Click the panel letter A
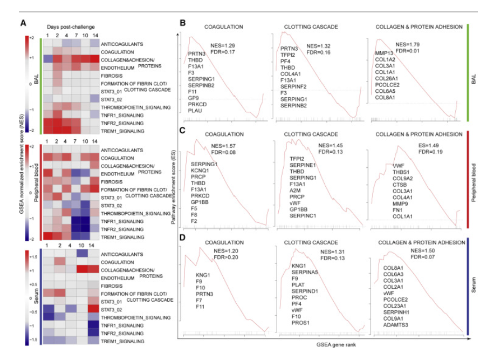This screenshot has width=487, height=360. tap(23, 23)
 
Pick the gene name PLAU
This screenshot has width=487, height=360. tap(194, 110)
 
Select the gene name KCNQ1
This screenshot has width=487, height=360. tap(200, 169)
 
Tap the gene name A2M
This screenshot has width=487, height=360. tap(294, 190)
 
